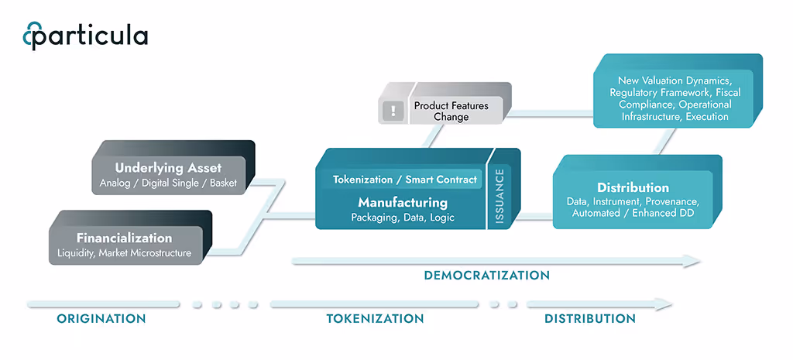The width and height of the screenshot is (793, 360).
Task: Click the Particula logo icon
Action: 32,36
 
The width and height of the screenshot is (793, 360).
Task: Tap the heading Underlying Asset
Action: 168,167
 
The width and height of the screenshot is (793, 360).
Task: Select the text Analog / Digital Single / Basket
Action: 168,183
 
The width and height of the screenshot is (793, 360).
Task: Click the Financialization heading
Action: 124,238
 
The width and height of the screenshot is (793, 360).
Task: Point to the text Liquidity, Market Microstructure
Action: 124,253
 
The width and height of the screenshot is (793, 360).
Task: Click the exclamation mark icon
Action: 393,111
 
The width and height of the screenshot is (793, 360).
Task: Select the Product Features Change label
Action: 451,111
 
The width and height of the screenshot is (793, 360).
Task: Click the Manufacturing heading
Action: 403,202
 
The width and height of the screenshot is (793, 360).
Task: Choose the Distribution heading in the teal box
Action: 633,187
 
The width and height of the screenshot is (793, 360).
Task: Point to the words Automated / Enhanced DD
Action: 633,213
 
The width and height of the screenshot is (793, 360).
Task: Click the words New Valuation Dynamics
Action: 675,81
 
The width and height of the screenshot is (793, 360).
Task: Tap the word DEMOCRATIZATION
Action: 486,276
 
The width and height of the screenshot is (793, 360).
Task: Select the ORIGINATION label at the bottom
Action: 101,318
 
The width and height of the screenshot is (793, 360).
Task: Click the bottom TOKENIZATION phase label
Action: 375,318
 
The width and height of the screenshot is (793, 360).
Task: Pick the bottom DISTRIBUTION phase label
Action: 590,318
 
